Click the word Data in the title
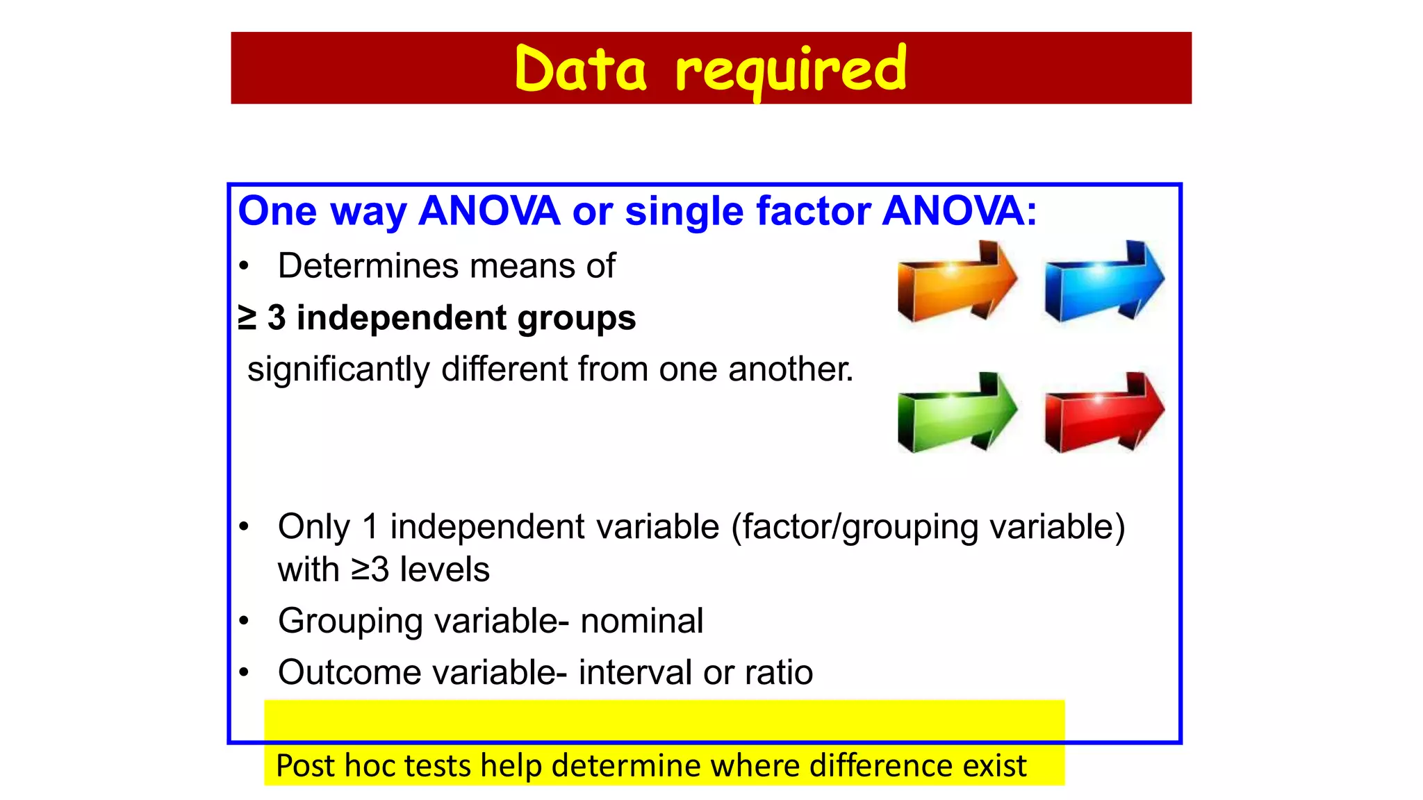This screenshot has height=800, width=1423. [580, 69]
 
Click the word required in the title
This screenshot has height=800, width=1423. [791, 71]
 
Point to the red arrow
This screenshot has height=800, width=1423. [1103, 414]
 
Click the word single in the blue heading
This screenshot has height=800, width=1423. [684, 212]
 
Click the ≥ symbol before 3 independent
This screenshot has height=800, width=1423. [247, 317]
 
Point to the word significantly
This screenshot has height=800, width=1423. [338, 369]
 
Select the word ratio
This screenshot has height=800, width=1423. [778, 672]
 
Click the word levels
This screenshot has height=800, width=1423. [445, 569]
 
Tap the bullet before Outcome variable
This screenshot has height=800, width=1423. [243, 672]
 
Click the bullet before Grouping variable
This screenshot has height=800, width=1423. [243, 621]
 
